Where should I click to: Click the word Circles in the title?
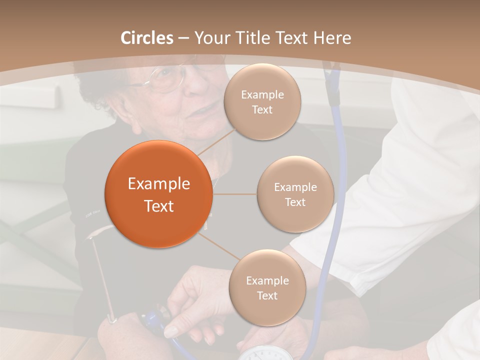point(147,38)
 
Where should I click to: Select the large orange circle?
point(158,194)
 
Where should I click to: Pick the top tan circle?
point(262,101)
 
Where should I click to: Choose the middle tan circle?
point(295,194)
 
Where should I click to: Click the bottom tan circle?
point(267,287)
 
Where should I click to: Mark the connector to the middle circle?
point(235,194)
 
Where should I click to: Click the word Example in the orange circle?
point(158,184)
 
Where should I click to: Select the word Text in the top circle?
point(262,109)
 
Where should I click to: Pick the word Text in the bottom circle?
point(267,295)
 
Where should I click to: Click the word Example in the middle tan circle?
point(295,187)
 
